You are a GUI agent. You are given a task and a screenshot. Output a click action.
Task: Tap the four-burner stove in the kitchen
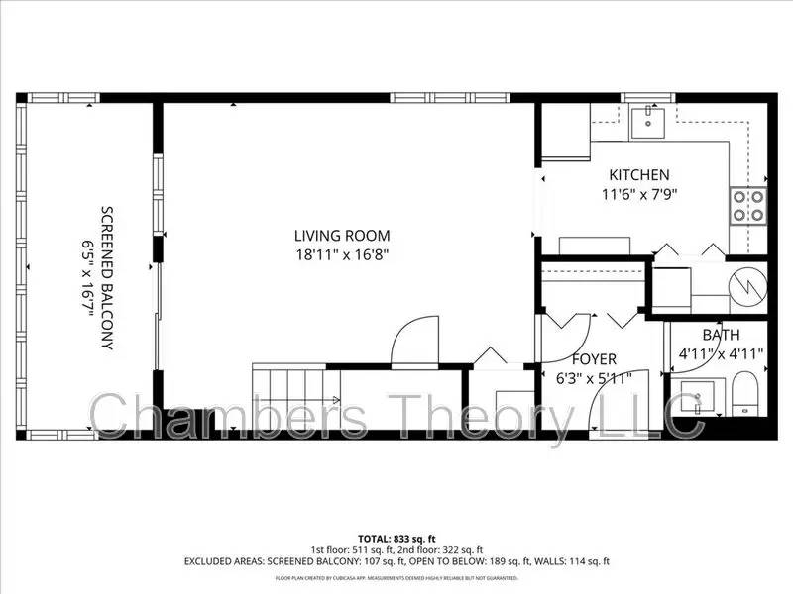coord(748,205)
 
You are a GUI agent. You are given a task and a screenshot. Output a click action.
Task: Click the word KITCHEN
coord(638,175)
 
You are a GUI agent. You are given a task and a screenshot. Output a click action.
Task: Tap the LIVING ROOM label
coord(342,236)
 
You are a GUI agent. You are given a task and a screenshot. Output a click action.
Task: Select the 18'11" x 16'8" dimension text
coord(342,254)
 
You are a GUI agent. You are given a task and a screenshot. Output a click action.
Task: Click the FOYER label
coord(594,358)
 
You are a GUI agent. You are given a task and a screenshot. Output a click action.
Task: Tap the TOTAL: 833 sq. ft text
coord(396,539)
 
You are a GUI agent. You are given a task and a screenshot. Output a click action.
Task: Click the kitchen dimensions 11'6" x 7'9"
coord(640,194)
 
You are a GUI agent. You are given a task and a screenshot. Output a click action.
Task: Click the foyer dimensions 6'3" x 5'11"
coord(594,377)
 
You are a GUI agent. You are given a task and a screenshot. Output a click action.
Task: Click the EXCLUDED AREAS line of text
coord(396,561)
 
